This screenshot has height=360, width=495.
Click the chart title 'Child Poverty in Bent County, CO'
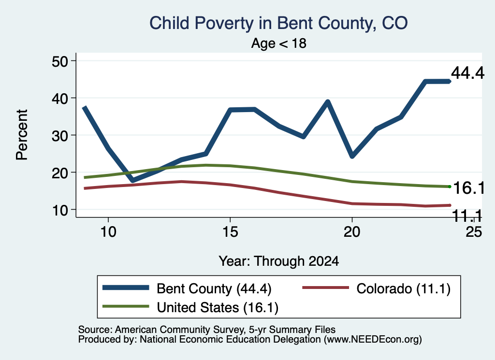click(x=278, y=23)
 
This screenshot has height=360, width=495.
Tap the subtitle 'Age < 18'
click(x=279, y=43)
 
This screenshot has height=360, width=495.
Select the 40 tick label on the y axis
click(x=60, y=99)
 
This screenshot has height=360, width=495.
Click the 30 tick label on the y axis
click(x=60, y=136)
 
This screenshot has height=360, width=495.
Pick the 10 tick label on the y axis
click(x=60, y=210)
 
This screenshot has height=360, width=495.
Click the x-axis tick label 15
click(x=230, y=232)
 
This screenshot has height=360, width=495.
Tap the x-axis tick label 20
click(x=352, y=232)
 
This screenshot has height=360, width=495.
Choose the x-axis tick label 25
click(x=474, y=232)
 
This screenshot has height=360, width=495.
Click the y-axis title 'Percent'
click(x=22, y=135)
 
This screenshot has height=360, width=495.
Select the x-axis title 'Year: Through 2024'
click(x=279, y=261)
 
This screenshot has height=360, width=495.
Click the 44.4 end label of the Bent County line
click(x=467, y=73)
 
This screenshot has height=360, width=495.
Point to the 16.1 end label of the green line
click(x=469, y=188)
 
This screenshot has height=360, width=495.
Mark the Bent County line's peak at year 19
click(x=328, y=102)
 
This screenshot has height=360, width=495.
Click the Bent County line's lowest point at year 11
click(x=133, y=180)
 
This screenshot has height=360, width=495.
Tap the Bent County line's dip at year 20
click(x=352, y=156)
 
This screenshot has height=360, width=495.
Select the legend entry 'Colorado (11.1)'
click(x=404, y=288)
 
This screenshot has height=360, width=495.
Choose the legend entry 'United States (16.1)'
click(x=218, y=308)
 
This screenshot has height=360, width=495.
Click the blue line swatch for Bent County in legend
click(x=126, y=288)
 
